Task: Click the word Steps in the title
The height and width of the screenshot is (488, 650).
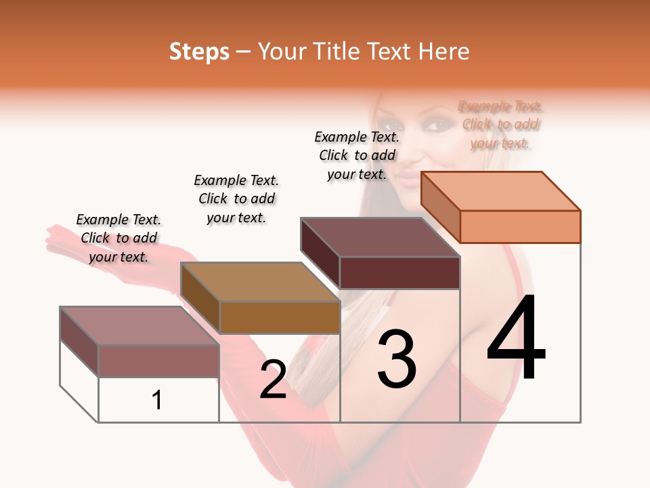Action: (199, 52)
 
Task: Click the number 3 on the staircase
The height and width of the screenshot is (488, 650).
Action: (397, 359)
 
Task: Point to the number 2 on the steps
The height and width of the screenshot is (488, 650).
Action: (273, 380)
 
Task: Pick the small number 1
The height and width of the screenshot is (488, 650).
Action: (157, 400)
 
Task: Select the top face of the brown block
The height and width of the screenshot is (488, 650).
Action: (260, 282)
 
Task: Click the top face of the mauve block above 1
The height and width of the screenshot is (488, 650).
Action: (139, 326)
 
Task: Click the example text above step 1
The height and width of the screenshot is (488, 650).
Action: (118, 238)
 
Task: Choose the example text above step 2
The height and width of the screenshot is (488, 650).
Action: (236, 199)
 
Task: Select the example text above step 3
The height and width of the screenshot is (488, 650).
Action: (357, 155)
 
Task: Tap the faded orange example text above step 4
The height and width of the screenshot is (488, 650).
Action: (500, 125)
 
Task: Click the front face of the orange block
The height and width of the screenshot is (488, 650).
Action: (520, 226)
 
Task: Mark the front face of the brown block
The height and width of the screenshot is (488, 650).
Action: (280, 317)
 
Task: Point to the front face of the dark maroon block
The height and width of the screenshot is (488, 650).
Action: (399, 272)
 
